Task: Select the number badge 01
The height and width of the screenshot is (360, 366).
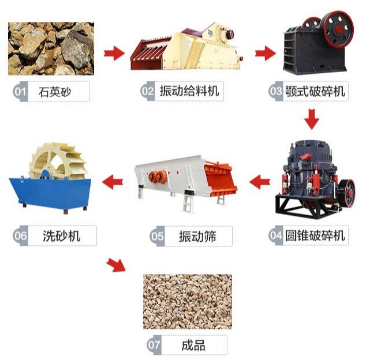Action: click(x=20, y=92)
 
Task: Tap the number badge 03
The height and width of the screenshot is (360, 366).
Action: click(x=275, y=91)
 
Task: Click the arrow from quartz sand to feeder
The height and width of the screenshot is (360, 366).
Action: click(x=114, y=54)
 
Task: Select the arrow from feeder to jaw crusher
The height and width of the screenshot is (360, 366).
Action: click(x=265, y=54)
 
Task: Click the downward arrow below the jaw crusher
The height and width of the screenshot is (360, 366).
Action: click(x=312, y=119)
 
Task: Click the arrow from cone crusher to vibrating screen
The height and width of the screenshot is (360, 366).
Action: click(x=260, y=182)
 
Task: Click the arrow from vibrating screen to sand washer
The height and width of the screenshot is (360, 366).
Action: click(x=113, y=182)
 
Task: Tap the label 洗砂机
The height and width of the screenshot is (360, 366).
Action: click(x=61, y=235)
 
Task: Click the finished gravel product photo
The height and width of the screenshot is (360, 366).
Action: click(x=188, y=301)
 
